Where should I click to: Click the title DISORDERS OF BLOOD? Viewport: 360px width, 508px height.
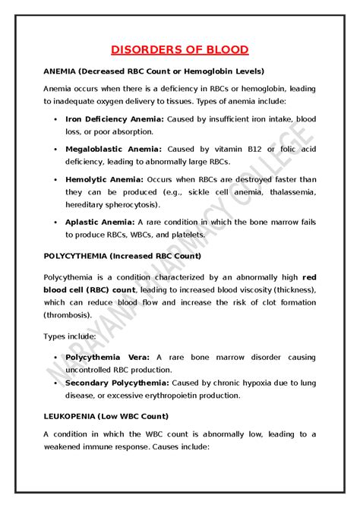180,50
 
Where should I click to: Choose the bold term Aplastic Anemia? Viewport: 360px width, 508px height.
100,222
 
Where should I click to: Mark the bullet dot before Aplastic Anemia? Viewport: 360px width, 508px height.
56,222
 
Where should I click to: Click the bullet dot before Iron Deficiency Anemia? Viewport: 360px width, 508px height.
56,119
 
